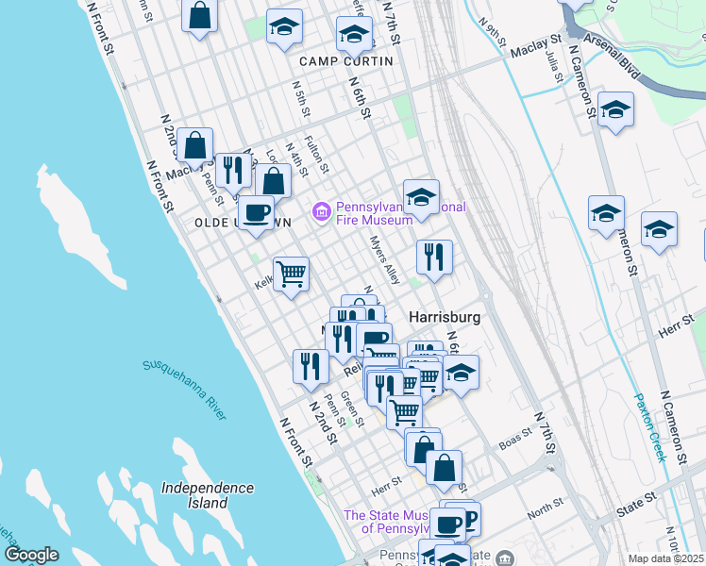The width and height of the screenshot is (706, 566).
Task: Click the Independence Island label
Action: (207, 495)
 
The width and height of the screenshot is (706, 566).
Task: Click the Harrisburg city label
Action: (445, 318)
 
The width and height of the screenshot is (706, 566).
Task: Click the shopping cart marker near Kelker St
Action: (292, 274)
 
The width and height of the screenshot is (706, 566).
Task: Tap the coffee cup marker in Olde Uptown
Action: (255, 212)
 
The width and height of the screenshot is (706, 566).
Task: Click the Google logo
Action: (31, 555)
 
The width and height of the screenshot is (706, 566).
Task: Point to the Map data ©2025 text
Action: (666, 558)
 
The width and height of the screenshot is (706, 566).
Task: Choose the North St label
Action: (545, 510)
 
